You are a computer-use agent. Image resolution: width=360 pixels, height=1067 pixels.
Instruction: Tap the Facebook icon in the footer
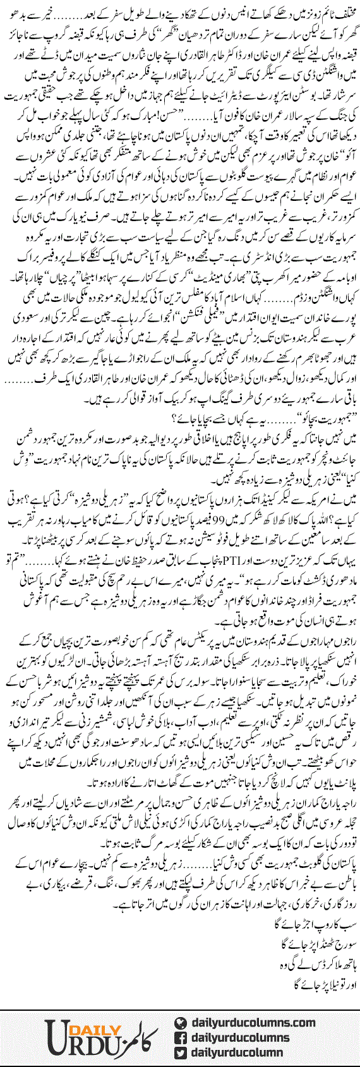coord(183,1037)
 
